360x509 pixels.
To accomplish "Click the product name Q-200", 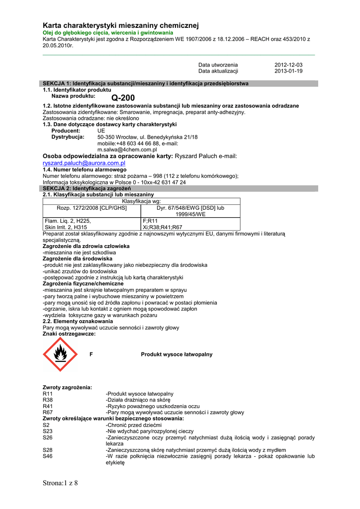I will pos(123,97).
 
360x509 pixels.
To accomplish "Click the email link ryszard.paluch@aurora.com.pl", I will pos(84,163).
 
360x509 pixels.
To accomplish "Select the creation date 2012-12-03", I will pos(288,65).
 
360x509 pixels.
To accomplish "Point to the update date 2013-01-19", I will pos(288,71).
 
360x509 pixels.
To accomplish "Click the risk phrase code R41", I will pos(48,406).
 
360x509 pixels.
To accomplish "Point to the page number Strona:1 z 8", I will pos(61,483).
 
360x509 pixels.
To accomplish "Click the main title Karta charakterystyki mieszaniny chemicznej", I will pos(121,25).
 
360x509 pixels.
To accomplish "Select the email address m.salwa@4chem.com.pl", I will pos(127,149).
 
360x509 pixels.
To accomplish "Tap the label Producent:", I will pos(66,131).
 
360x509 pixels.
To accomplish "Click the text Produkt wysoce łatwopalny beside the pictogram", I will pos(177,354).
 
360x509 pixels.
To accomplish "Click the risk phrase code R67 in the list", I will pos(48,412).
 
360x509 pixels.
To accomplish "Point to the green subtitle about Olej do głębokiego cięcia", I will pos(108,32).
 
